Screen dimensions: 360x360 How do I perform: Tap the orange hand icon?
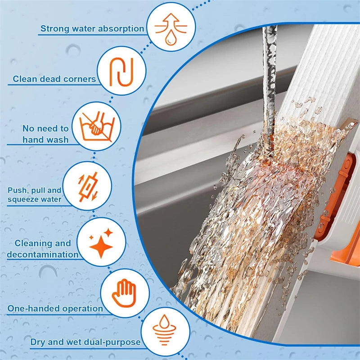(x=124, y=293)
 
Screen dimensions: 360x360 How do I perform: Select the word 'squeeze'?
(x=22, y=199)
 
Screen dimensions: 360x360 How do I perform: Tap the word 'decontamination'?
(x=43, y=255)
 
